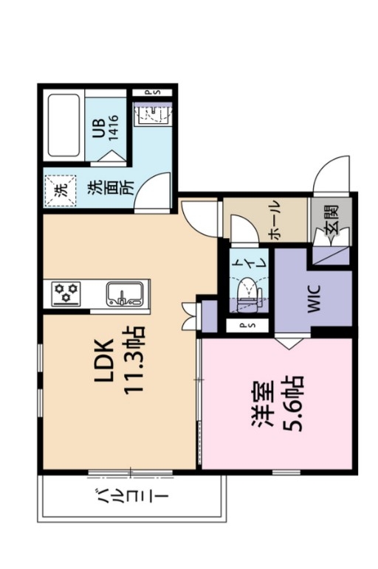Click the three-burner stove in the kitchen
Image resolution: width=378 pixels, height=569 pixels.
click(66, 293)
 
